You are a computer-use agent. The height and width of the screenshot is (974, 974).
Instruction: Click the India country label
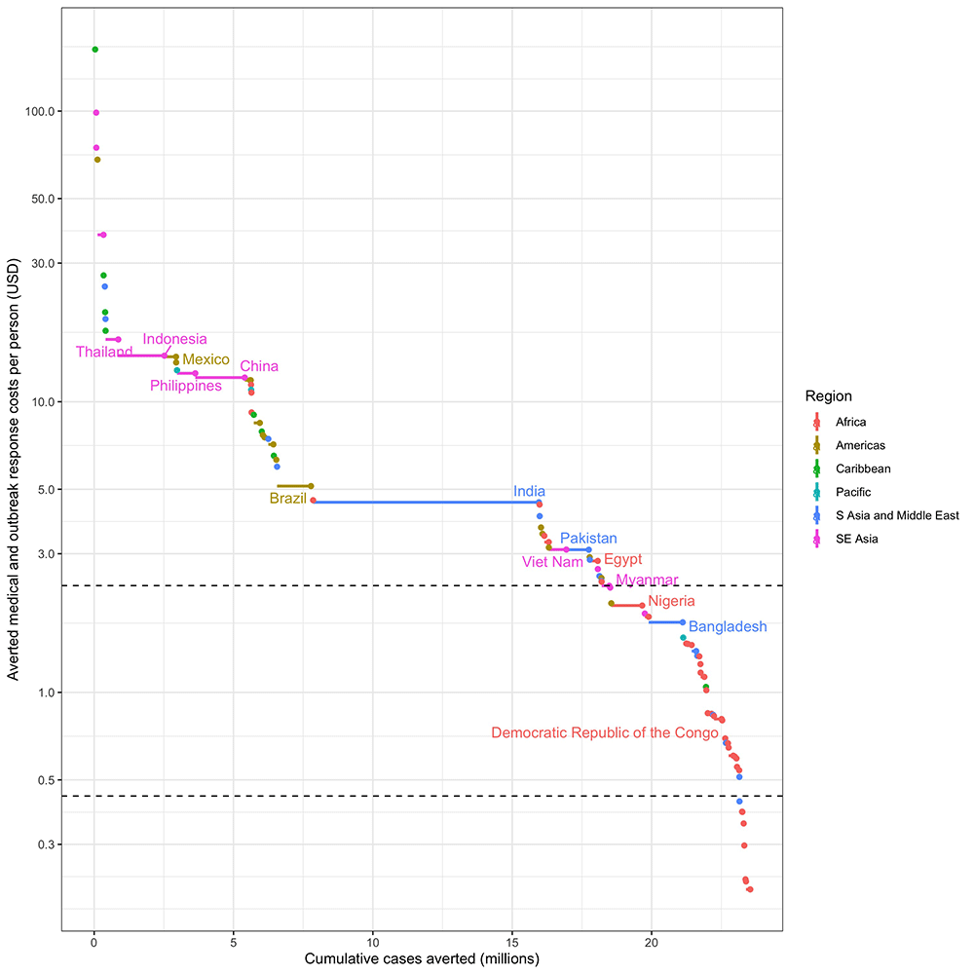point(529,492)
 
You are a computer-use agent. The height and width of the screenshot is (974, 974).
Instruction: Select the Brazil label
point(287,499)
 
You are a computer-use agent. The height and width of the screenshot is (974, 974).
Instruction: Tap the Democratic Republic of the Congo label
point(605,732)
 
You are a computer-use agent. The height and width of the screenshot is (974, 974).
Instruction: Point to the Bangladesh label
point(728,627)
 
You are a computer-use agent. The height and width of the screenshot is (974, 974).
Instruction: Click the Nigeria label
point(671,602)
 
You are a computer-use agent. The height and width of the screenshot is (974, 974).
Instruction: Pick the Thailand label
point(104,352)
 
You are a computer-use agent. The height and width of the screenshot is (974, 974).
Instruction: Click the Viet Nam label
point(552,561)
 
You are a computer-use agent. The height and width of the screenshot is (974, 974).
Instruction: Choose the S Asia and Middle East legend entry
point(897,515)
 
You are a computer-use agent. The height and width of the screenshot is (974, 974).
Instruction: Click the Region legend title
point(828,396)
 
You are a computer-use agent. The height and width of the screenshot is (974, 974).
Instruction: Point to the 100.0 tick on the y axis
point(37,111)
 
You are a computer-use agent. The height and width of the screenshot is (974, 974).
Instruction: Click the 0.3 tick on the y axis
point(44,843)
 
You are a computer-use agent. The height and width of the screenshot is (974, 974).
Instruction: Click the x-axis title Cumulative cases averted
point(422,959)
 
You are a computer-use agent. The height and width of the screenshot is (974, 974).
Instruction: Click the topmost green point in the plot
point(94,50)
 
